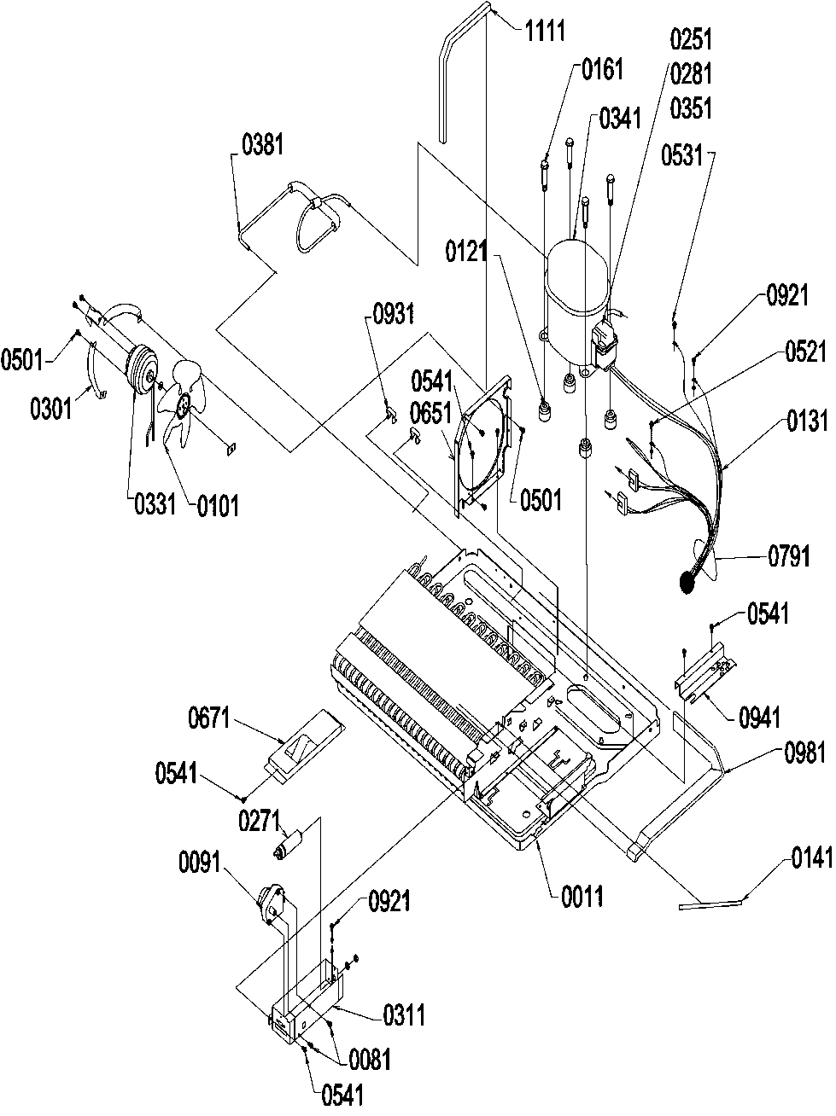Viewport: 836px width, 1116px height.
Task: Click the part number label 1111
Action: tap(543, 32)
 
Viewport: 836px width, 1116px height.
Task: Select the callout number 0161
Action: tap(602, 69)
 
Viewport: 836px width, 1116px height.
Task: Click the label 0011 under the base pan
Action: tap(582, 896)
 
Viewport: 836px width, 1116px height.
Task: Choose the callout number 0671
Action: tap(209, 719)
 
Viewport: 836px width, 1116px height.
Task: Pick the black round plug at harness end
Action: tap(686, 583)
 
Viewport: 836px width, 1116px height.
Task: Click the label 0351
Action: tap(692, 108)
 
